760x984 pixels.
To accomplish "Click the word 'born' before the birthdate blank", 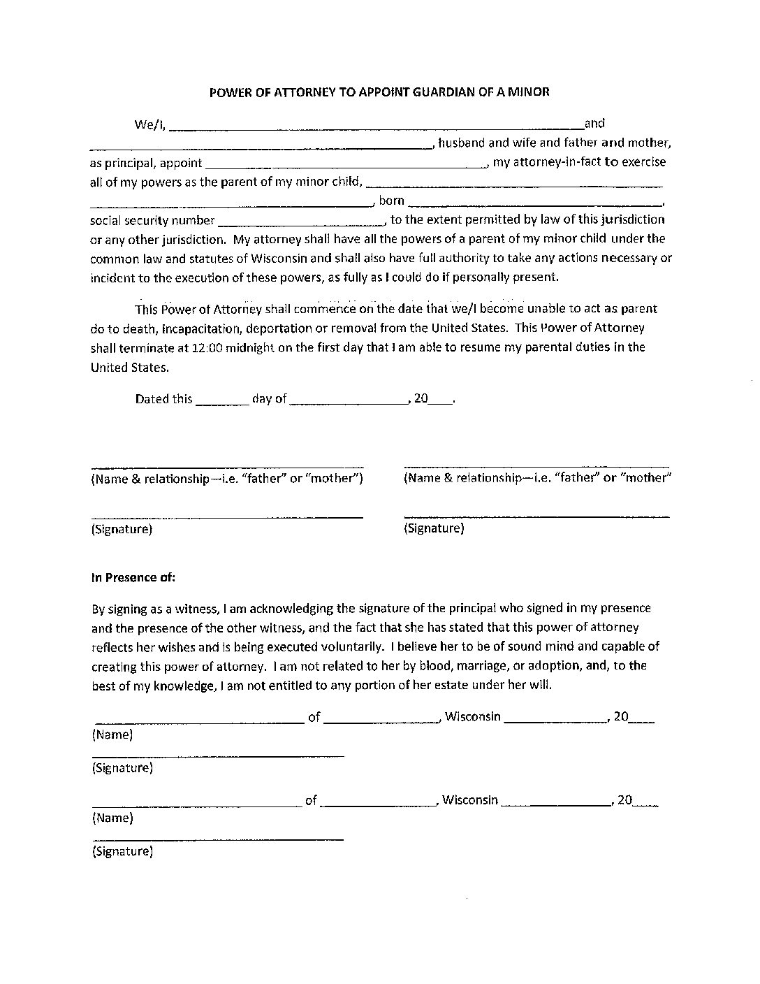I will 392,201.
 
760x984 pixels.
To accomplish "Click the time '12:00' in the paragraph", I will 205,347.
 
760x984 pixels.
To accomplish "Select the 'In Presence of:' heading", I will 133,578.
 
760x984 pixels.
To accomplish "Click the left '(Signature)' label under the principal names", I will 122,529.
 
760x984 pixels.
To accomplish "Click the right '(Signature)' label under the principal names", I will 434,528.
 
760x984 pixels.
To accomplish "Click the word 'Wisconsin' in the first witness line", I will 473,716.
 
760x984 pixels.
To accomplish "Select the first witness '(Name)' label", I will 112,735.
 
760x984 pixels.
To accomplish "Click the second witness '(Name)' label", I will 112,818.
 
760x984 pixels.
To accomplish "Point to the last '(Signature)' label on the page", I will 122,851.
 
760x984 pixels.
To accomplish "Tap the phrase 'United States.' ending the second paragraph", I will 129,367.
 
